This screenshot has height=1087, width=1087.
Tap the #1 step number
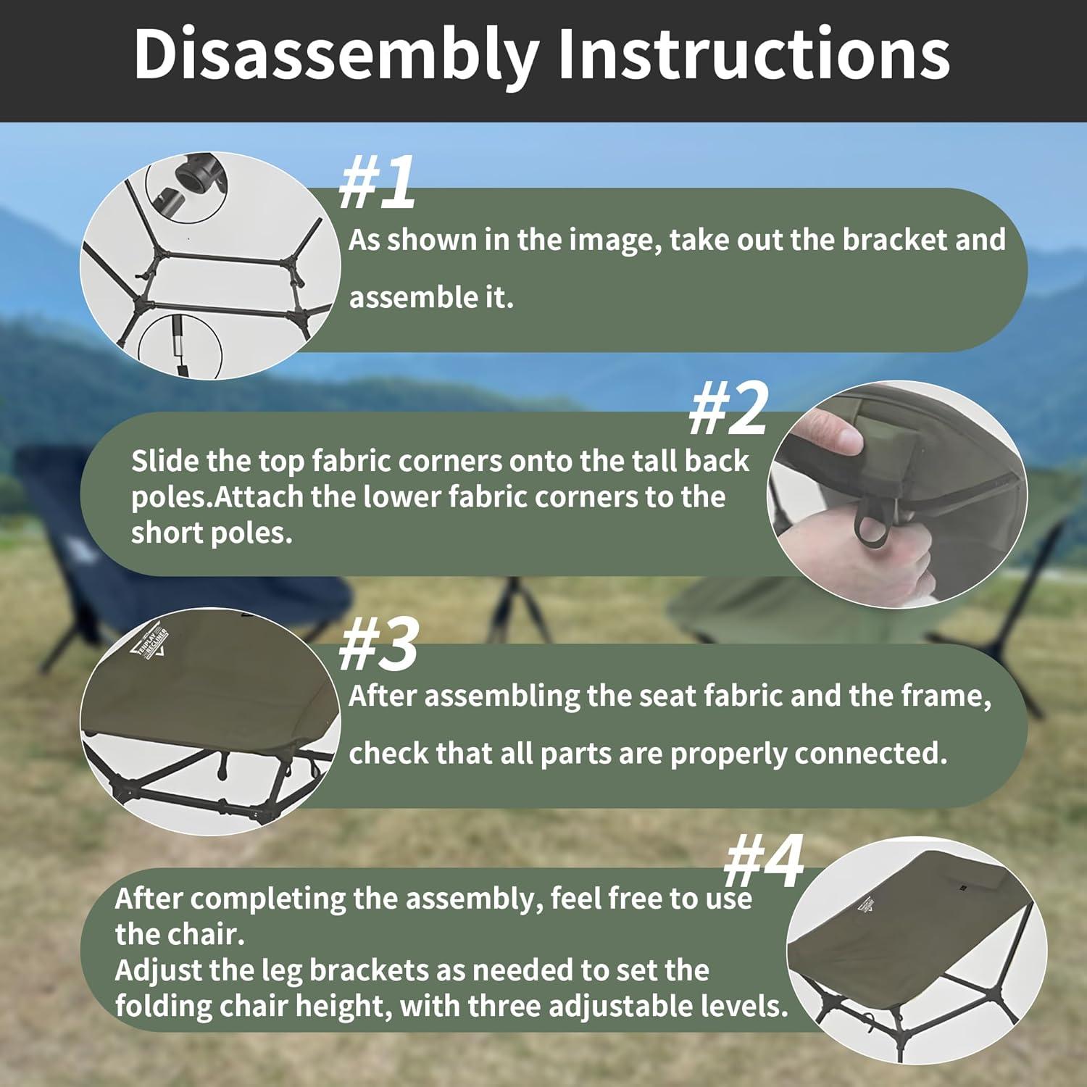[378, 182]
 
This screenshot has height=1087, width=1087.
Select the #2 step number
[728, 409]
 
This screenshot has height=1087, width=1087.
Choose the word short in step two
[167, 533]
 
